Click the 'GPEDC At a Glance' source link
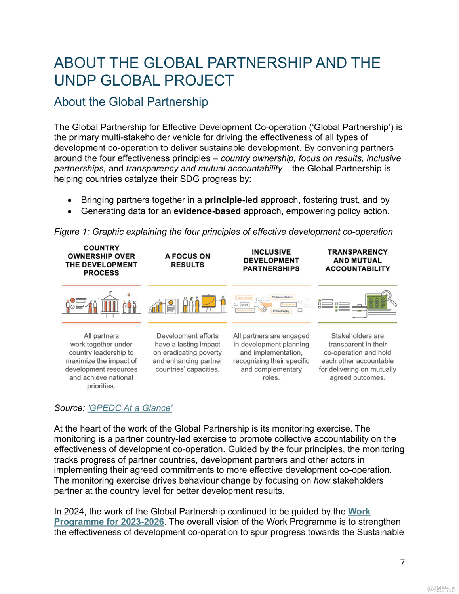pyautogui.click(x=130, y=408)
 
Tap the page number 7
pyautogui.click(x=402, y=562)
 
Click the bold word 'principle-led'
pyautogui.click(x=231, y=200)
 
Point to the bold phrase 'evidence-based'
pyautogui.click(x=207, y=211)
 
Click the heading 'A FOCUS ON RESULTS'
pyautogui.click(x=187, y=261)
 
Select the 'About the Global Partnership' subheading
pyautogui.click(x=131, y=102)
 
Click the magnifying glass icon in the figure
pyautogui.click(x=388, y=297)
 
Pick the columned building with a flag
pyautogui.click(x=110, y=303)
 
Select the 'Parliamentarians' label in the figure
pyautogui.click(x=283, y=297)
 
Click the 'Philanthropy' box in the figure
pyautogui.click(x=281, y=311)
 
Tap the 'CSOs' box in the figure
pyautogui.click(x=245, y=305)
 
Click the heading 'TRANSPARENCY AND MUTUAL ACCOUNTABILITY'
pyautogui.click(x=357, y=261)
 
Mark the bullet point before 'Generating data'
pyautogui.click(x=70, y=212)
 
